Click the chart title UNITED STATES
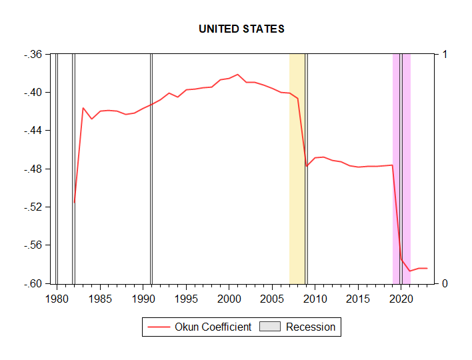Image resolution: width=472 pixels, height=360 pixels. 241,29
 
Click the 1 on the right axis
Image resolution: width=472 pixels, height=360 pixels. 445,54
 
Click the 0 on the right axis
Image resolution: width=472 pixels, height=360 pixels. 445,283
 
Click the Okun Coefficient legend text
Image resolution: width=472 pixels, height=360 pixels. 213,327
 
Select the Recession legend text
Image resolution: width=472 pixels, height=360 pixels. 310,327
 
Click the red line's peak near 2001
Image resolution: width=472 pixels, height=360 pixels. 237,75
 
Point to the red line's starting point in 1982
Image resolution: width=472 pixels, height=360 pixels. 75,201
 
